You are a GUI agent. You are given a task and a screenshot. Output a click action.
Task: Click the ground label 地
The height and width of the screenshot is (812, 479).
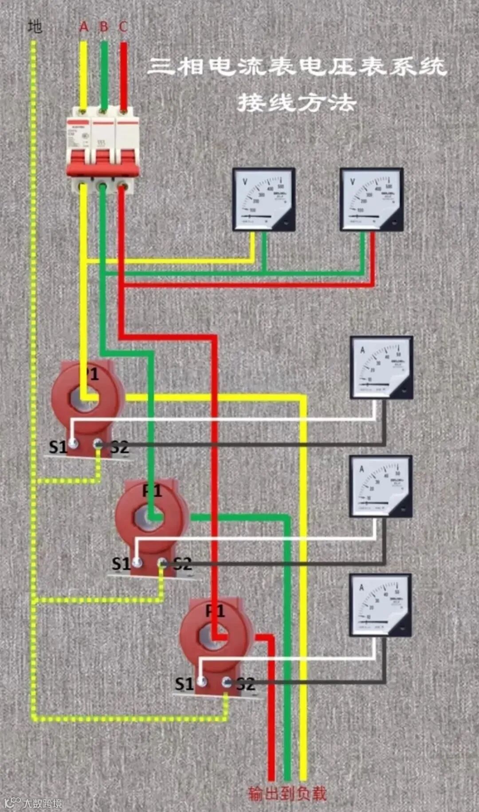point(35,27)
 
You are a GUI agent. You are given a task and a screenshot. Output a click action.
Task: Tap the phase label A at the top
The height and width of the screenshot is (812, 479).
point(84,27)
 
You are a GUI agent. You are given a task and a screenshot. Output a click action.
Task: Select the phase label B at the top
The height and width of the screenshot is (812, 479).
point(104,27)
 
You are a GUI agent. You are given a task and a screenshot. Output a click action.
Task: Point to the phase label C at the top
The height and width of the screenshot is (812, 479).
point(123,27)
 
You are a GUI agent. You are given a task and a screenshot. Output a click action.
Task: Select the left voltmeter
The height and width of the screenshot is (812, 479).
point(264,199)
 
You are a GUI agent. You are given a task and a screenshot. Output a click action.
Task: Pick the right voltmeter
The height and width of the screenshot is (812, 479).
point(371,199)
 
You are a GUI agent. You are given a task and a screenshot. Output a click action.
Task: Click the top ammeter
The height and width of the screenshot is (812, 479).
point(381,368)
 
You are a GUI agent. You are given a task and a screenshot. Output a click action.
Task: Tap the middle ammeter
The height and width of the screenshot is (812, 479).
point(381,486)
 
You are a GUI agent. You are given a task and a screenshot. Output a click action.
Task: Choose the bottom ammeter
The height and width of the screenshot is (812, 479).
point(380,605)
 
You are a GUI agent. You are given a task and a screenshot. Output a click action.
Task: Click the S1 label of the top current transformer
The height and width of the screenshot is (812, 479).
point(57,447)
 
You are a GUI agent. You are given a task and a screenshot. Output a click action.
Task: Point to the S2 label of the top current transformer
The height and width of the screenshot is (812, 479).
point(119,447)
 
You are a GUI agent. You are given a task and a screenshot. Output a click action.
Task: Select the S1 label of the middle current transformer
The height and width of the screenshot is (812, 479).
point(121,564)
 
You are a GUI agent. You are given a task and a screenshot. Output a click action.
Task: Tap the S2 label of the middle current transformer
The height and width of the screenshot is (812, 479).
point(182,564)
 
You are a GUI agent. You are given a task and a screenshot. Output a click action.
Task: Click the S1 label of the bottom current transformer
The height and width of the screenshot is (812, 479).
point(184,684)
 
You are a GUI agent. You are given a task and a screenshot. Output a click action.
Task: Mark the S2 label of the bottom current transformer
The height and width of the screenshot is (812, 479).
point(246,684)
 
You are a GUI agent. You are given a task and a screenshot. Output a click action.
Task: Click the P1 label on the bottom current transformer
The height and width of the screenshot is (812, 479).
point(216,612)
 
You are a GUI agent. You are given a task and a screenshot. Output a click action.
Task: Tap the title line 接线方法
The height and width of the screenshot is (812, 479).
point(296,103)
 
